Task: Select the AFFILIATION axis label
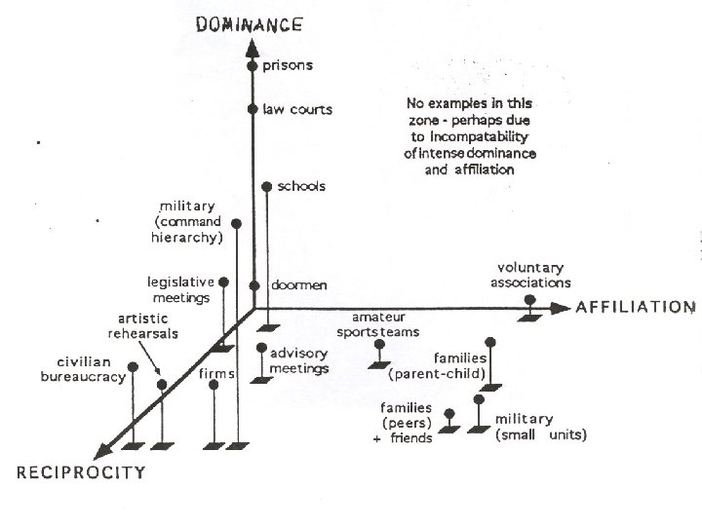(x=635, y=307)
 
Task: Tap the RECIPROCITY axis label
(x=81, y=472)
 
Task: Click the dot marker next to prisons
(x=253, y=67)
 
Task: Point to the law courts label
(x=297, y=109)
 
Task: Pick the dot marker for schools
(x=266, y=186)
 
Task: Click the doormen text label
(x=299, y=284)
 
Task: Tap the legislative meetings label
(x=178, y=289)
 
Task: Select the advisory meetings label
(x=299, y=360)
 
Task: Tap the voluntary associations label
(x=531, y=276)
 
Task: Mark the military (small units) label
(x=540, y=427)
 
